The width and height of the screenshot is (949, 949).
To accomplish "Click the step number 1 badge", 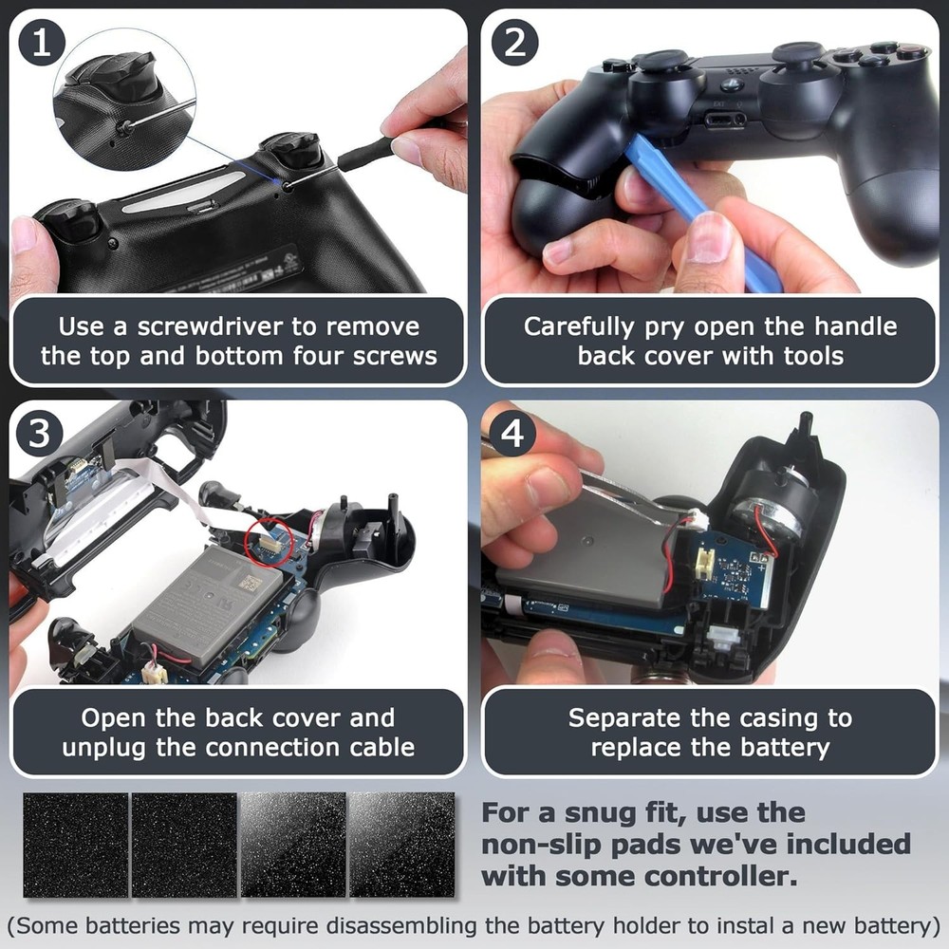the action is (42, 43).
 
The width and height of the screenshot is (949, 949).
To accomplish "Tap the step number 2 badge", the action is (514, 43).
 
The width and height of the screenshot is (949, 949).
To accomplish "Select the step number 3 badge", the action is (39, 434).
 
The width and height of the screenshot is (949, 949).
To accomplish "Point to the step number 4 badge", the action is (512, 434).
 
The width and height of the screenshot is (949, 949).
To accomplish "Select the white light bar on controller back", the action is (184, 195).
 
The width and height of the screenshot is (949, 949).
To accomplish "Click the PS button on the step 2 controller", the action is (735, 84).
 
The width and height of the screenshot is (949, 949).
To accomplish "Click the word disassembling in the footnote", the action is (400, 926).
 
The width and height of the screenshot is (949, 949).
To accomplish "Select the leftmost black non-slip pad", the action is (76, 845).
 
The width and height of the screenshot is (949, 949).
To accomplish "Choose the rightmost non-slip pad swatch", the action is (401, 845).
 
